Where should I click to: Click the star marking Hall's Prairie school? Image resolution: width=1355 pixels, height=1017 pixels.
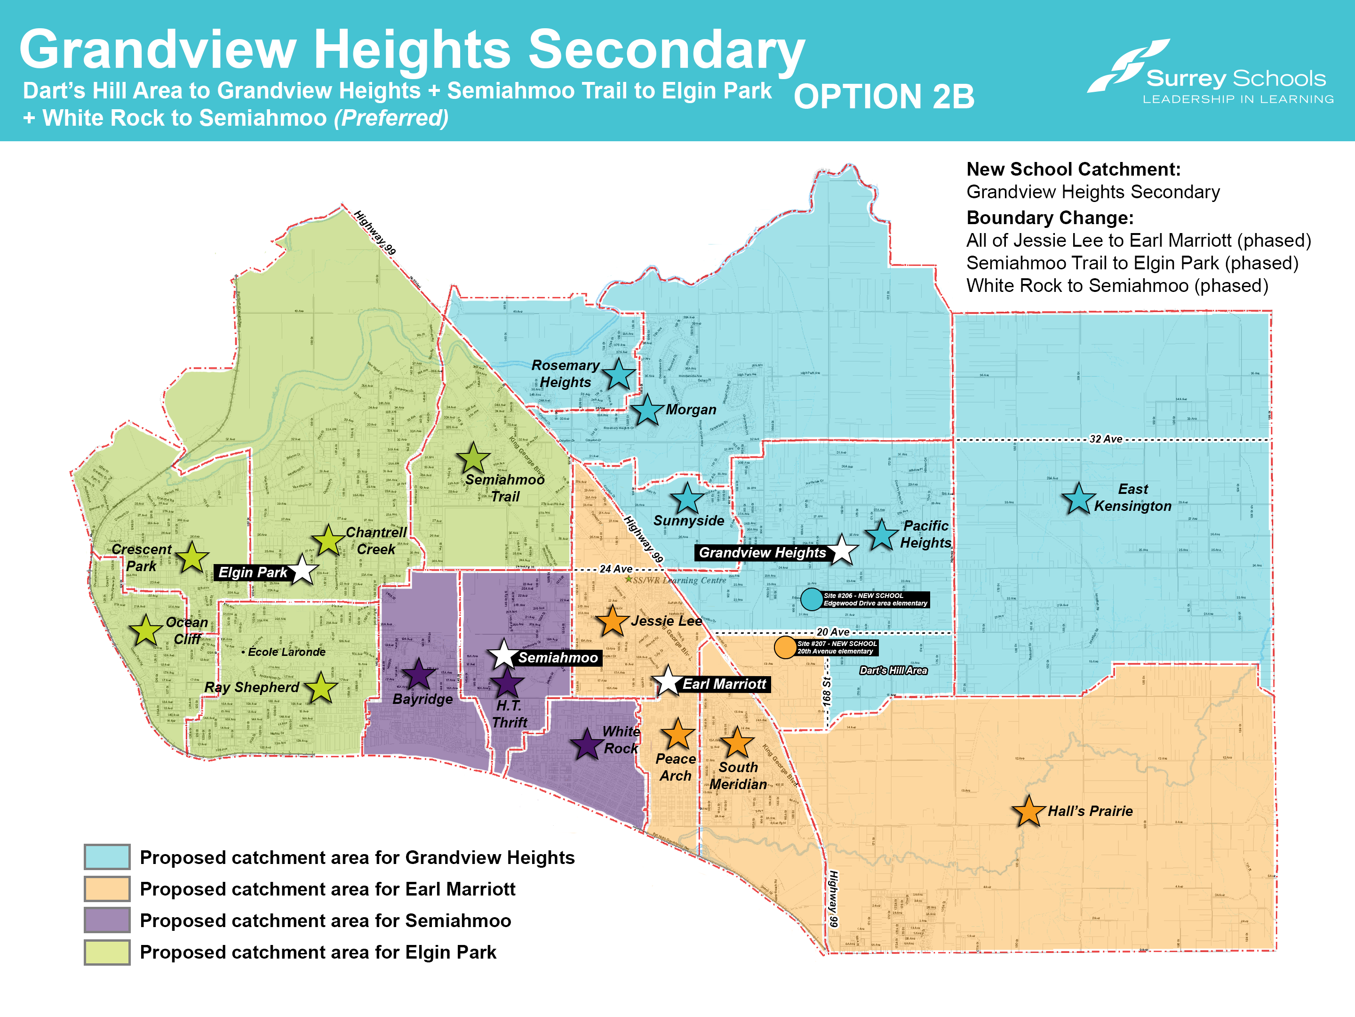[x=1028, y=812]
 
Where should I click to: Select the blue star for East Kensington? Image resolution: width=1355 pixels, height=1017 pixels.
[x=1078, y=499]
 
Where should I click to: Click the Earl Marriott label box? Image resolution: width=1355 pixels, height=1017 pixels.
[x=724, y=684]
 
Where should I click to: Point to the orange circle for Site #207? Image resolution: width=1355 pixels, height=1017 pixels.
[x=785, y=647]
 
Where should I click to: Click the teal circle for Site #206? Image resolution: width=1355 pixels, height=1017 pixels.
[x=812, y=599]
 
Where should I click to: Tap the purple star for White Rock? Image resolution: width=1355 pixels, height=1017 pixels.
[x=587, y=745]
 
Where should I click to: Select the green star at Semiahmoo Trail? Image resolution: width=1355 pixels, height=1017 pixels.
[x=473, y=459]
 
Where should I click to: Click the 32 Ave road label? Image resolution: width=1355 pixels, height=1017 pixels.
[x=1106, y=439]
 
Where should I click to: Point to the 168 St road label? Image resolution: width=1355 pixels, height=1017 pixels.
[x=827, y=691]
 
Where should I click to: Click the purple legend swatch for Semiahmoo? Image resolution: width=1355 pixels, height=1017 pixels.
[x=107, y=920]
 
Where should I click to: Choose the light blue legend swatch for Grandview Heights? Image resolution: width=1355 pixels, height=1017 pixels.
[x=107, y=857]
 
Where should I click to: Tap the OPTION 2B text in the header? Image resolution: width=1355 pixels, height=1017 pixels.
[x=883, y=97]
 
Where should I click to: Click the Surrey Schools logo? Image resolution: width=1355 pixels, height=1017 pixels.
[x=1210, y=73]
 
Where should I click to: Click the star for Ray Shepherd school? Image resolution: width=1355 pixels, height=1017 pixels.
[x=320, y=688]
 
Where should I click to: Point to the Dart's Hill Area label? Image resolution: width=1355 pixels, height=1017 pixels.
[x=893, y=670]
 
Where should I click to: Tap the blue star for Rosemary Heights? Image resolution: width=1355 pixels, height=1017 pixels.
[x=618, y=374]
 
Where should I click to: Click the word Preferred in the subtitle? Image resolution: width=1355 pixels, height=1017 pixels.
[x=391, y=118]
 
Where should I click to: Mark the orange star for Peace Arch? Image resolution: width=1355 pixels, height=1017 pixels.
[x=677, y=734]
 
